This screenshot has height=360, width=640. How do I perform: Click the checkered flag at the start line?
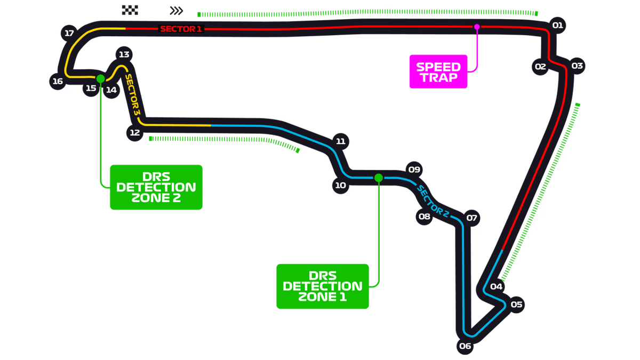point(130,10)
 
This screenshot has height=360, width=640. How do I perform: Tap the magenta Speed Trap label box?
point(438,71)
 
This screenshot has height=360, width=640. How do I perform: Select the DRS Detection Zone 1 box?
point(322,286)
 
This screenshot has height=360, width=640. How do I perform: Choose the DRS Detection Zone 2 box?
point(156,187)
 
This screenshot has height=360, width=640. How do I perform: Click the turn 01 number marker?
point(557,25)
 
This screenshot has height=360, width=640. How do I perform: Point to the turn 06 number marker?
point(465,346)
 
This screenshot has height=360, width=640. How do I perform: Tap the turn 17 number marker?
point(69,33)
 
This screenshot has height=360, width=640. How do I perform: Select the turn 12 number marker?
point(134,133)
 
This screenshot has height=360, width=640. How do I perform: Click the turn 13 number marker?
point(124,54)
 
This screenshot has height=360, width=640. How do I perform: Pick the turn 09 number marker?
point(414,170)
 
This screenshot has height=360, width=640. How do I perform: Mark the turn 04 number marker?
point(496,286)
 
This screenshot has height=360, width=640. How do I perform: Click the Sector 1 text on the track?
point(181,29)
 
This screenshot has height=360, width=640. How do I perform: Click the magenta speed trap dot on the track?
point(477,26)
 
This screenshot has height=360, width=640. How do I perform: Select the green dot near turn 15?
point(100,78)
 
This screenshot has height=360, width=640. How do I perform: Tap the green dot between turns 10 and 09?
point(378,178)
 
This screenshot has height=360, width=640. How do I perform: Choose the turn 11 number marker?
point(340,141)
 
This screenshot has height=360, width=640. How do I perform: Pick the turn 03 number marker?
point(577,66)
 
